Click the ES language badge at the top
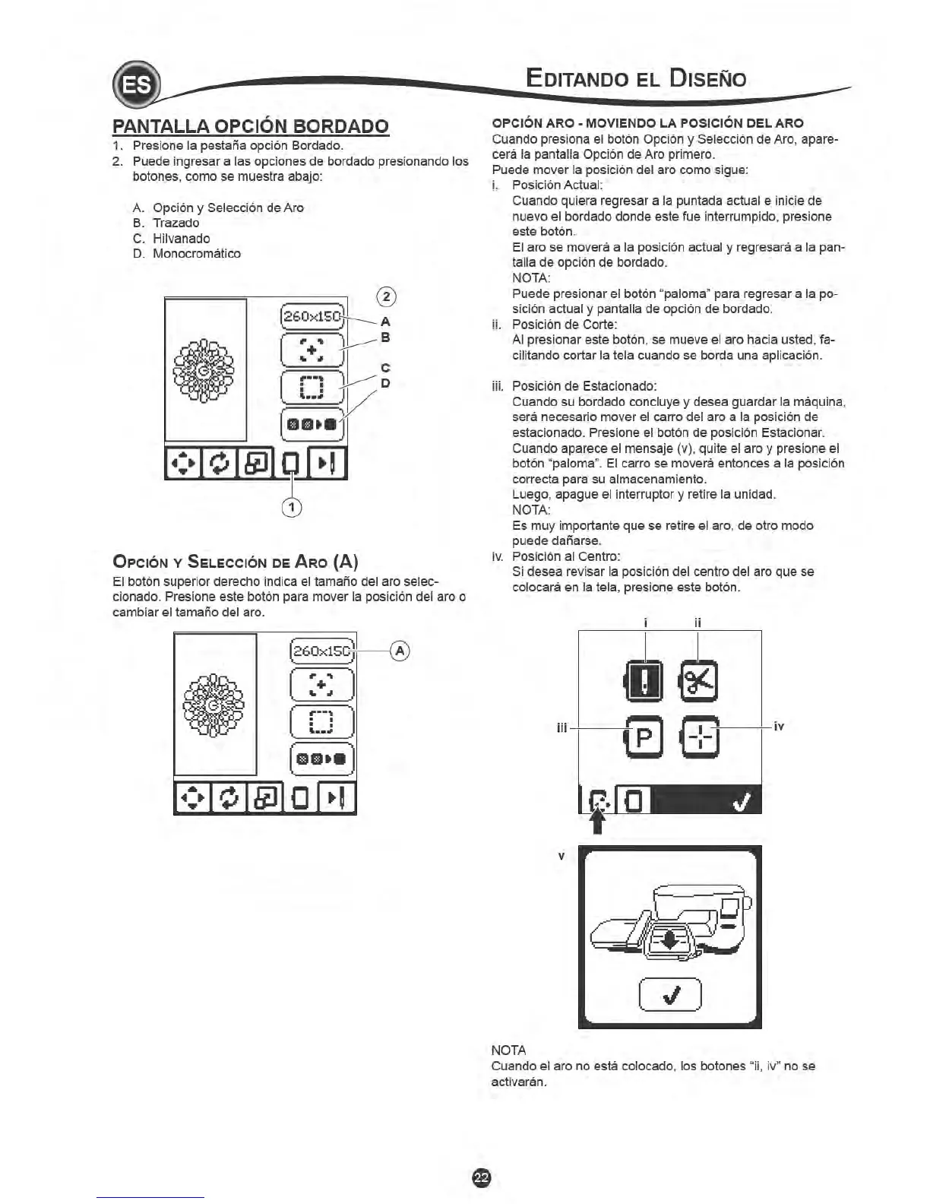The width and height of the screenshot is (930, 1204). tap(136, 86)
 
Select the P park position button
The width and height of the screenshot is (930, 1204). tap(644, 737)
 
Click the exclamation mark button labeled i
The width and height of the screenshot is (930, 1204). tap(644, 680)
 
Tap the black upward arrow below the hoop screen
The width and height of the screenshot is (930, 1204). tap(598, 821)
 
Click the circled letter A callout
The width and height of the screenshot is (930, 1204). tap(400, 651)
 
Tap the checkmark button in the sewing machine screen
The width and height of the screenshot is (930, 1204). tap(670, 993)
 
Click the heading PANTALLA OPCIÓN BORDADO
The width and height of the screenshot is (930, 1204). tap(251, 126)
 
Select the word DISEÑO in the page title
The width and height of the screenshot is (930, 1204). tap(697, 78)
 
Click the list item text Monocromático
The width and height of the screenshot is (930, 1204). tap(197, 254)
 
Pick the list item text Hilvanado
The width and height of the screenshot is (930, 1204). tap(182, 239)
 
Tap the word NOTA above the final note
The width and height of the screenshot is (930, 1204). tap(509, 1050)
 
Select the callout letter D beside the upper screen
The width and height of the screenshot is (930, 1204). tap(385, 382)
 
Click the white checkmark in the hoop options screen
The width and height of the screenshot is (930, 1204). tap(743, 800)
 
